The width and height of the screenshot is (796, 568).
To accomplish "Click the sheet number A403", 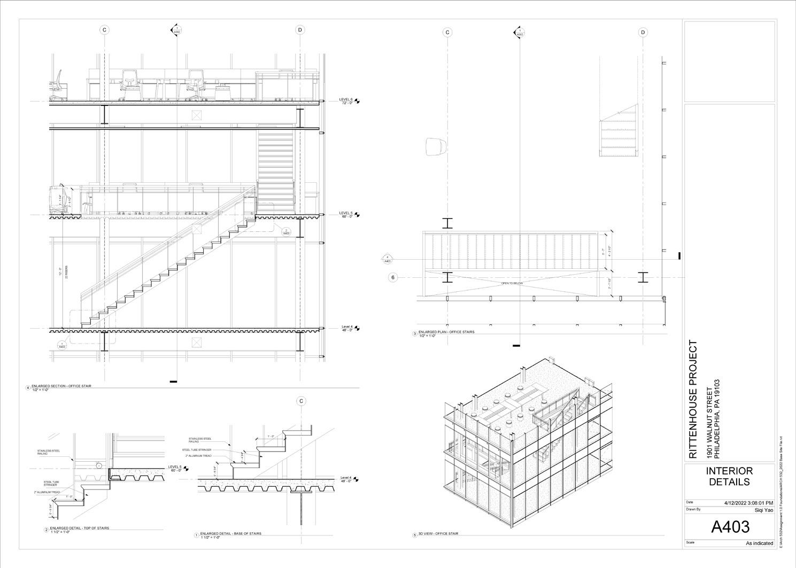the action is coord(730,527).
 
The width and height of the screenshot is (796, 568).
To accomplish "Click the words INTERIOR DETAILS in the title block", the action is coord(729,476).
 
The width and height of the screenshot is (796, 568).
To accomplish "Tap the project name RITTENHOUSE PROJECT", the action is coord(693,399).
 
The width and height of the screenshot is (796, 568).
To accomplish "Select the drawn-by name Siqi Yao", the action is coord(763,510).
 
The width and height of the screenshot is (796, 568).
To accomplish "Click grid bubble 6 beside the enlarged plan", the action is coord(393,277).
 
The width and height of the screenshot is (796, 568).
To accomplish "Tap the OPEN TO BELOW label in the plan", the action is coord(512,283).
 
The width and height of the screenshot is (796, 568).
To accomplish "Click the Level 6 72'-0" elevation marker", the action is coord(346,100).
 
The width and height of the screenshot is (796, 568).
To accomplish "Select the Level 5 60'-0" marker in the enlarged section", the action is coord(346,214).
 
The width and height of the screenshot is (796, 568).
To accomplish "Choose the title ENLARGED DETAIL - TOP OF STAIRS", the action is coord(79,528).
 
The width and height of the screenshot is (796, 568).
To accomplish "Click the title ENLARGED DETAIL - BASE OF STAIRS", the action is coord(230,533).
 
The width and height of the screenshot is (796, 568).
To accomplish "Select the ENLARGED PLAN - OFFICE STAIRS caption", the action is coord(446,332).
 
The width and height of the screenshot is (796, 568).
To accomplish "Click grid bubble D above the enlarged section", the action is coord(300,30).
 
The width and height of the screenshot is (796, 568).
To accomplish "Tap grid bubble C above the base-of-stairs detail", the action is coord(301,401).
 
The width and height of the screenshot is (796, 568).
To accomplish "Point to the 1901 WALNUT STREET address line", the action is coord(710,423).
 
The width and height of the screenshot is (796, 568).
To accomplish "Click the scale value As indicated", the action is coord(759,543).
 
